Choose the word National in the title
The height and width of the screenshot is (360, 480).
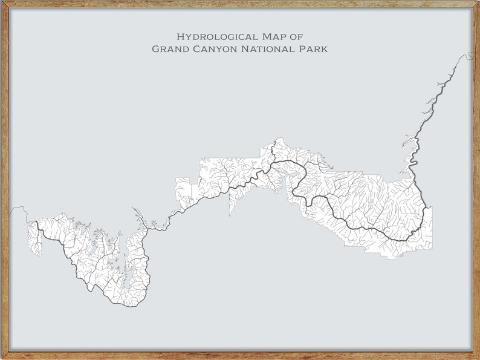point(268,48)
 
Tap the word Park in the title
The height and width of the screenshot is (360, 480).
point(314,48)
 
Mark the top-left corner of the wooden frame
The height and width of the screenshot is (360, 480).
point(2,2)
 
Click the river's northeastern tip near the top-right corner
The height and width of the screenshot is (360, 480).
point(470,55)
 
